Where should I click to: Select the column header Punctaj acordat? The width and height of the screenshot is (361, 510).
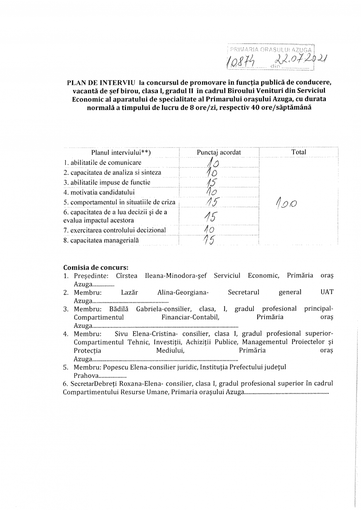[219, 152]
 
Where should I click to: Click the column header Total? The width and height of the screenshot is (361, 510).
[299, 152]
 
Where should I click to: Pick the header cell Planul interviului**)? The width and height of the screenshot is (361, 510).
[121, 153]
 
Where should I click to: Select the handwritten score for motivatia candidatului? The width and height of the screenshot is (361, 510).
[211, 192]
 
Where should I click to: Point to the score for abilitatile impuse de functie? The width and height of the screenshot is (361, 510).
[211, 182]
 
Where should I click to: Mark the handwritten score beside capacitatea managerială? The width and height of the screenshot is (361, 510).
[210, 240]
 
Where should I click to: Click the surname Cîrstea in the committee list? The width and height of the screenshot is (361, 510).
[127, 275]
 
